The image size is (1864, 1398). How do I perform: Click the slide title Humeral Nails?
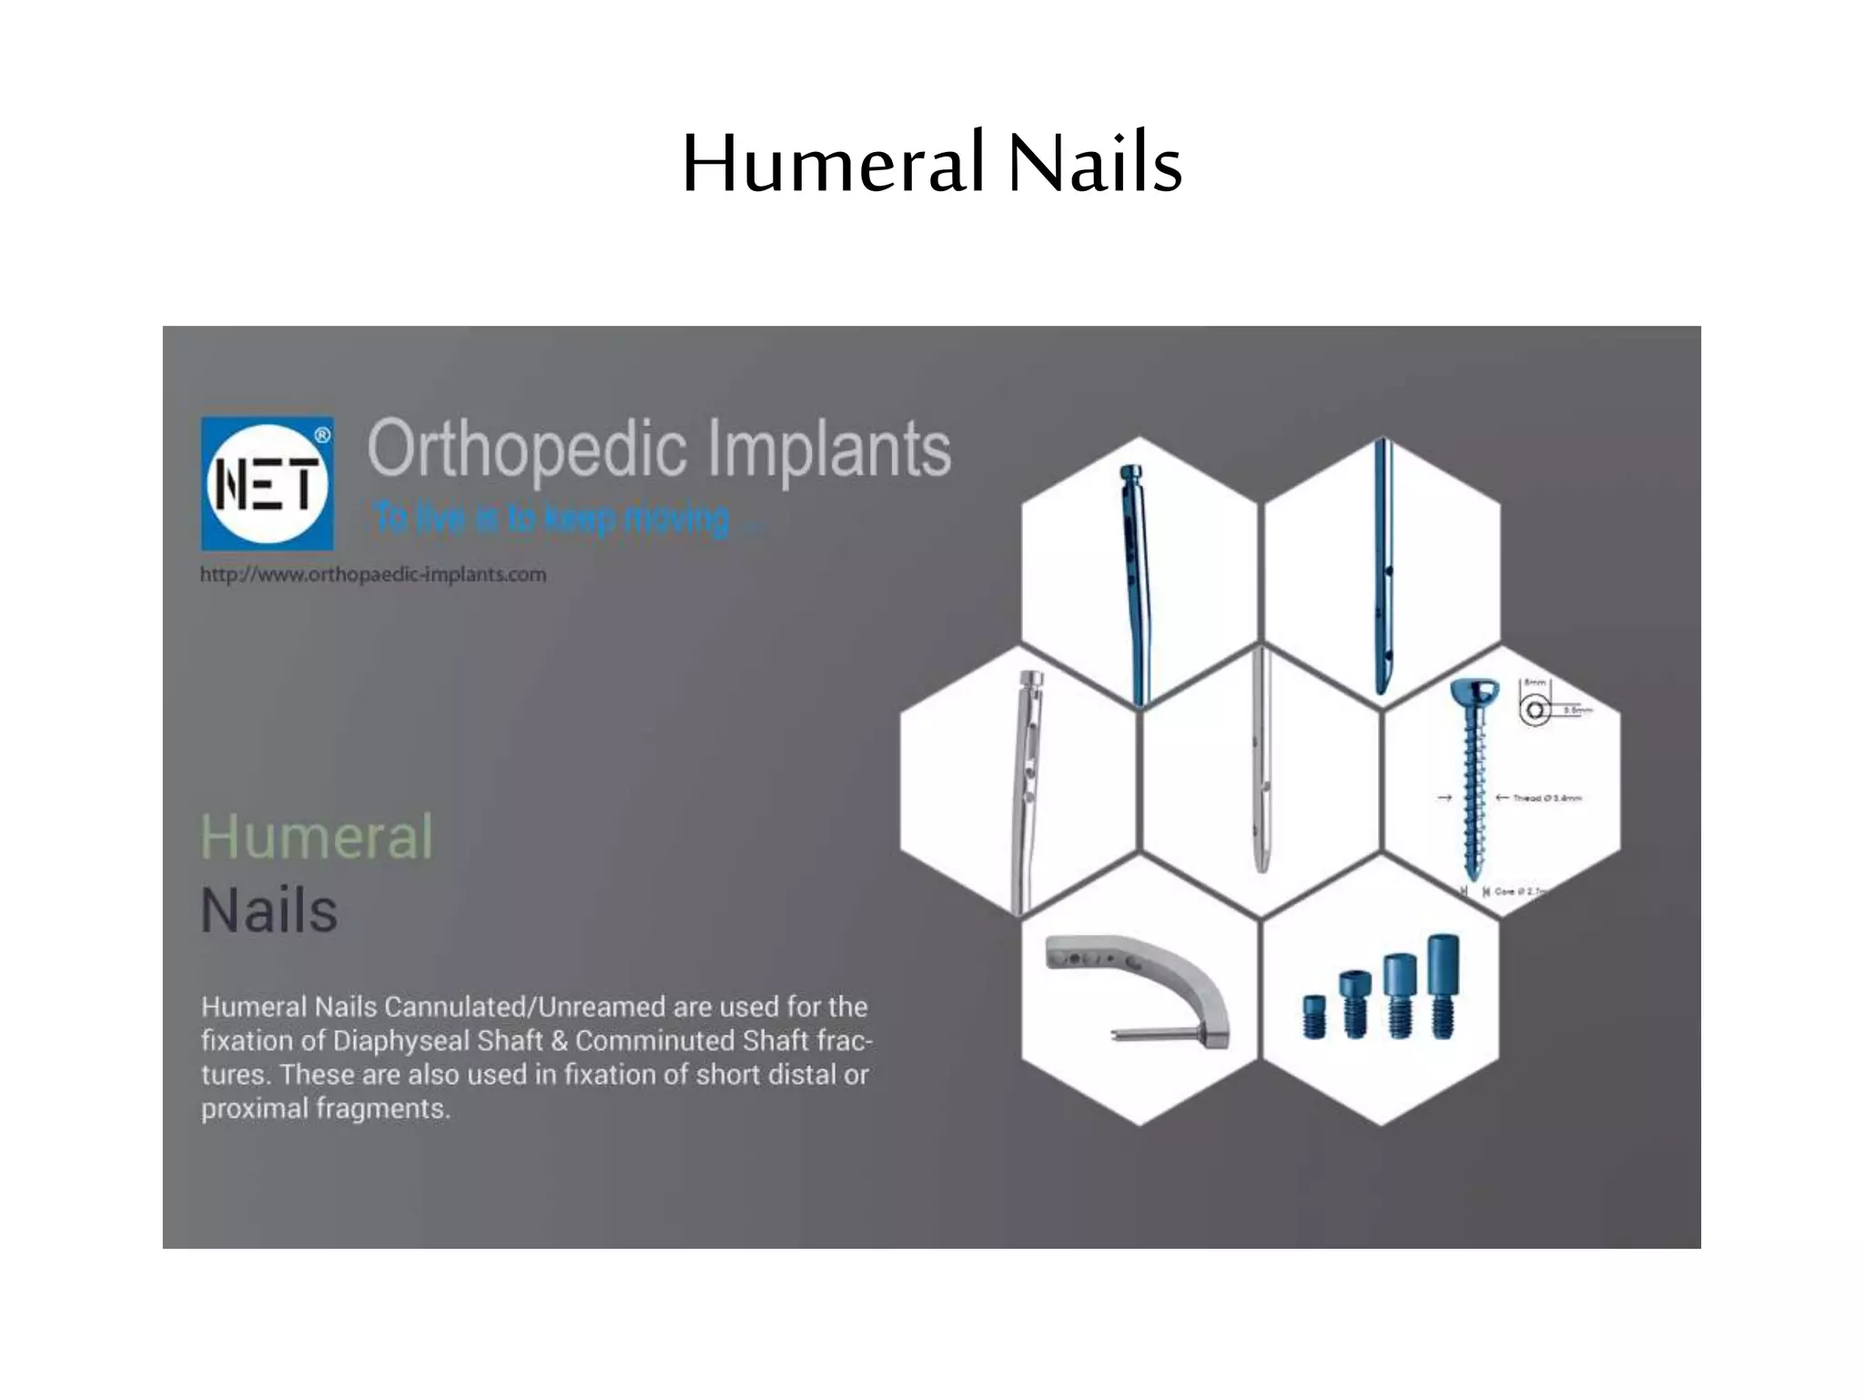(931, 164)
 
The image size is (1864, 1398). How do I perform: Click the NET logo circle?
(267, 483)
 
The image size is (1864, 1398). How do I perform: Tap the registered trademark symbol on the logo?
(322, 435)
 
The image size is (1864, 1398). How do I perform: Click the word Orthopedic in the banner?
(527, 450)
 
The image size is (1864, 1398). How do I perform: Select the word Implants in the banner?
(828, 450)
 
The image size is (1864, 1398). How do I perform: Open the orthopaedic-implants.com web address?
(373, 575)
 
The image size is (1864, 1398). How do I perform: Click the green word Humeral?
(316, 836)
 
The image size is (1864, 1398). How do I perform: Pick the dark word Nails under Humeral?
(269, 910)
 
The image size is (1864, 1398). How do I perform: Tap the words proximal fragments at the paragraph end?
(325, 1109)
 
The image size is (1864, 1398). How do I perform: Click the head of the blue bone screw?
(1474, 693)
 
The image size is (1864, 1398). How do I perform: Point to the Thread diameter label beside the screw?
(1546, 798)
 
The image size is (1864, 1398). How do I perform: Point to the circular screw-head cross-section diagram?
(1535, 710)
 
